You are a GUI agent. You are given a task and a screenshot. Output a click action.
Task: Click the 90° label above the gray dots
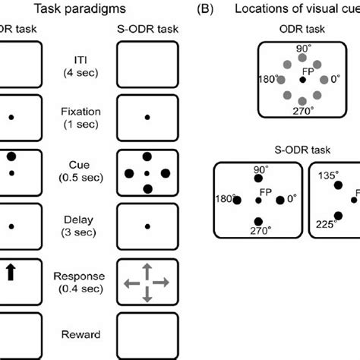pos(304,48)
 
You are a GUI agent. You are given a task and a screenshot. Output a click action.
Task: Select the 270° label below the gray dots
pos(304,109)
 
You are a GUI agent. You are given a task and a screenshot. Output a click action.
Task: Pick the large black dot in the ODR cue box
pos(11,156)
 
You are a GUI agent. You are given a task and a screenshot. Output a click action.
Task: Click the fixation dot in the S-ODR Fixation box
pos(147,117)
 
